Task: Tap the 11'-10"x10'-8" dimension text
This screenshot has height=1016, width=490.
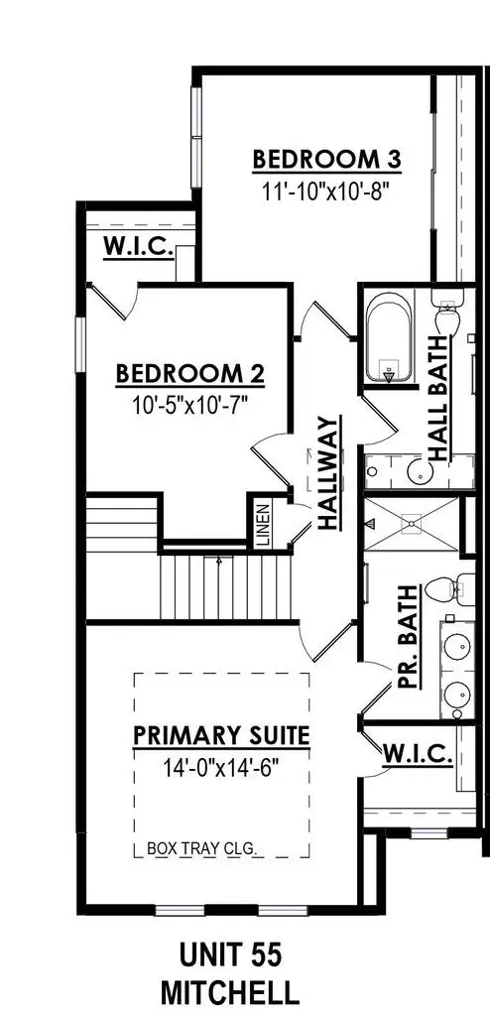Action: click(x=316, y=190)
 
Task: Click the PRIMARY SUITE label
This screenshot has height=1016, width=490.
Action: click(x=221, y=736)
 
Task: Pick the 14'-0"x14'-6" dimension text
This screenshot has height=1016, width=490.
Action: click(x=221, y=767)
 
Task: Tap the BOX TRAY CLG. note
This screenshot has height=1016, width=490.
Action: click(x=201, y=848)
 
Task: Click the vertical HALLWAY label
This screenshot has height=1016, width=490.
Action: click(x=329, y=477)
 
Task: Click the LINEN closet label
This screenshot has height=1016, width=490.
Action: click(x=263, y=523)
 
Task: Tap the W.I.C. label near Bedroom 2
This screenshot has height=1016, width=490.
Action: click(x=139, y=247)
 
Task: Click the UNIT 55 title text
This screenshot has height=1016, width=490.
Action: click(x=231, y=954)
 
